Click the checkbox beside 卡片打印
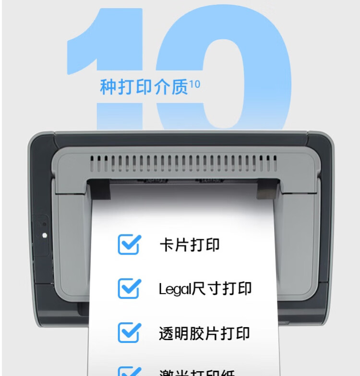pos(129,244)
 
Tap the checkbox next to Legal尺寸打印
pos(129,288)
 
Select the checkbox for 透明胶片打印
pos(129,332)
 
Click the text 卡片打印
pos(189,245)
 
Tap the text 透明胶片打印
pos(204,333)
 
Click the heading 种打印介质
pos(144,87)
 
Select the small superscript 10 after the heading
pos(194,84)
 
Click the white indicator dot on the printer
pos(45,235)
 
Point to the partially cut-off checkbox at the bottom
pos(129,371)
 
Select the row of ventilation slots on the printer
pos(183,164)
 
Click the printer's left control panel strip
pos(42,235)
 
